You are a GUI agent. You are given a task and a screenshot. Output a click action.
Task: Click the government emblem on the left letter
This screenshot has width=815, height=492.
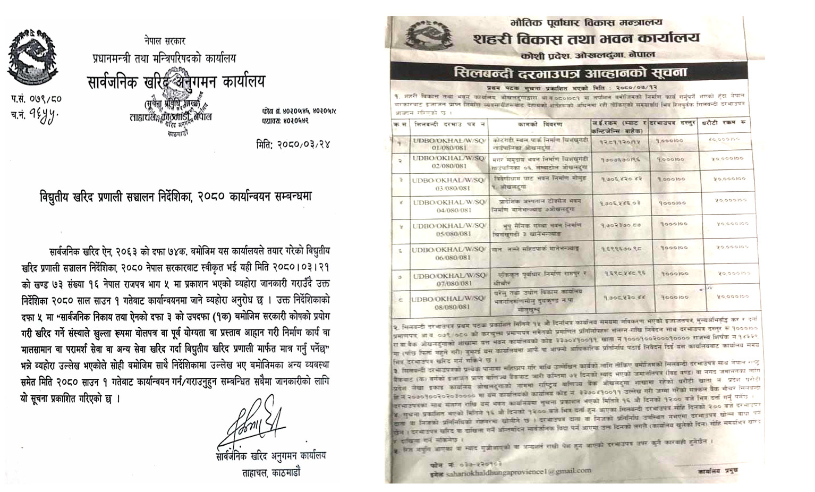click(32, 57)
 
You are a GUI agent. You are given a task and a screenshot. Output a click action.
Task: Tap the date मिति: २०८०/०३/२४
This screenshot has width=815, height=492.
click(292, 145)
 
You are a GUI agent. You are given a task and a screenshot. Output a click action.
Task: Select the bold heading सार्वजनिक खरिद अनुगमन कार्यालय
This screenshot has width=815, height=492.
click(175, 82)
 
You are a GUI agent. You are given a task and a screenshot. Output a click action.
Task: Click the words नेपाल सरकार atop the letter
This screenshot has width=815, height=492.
click(165, 41)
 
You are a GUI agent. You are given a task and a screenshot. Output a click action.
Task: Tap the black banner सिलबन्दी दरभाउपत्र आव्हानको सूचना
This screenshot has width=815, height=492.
click(571, 73)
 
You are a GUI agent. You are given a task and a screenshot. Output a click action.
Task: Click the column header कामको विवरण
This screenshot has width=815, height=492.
click(539, 124)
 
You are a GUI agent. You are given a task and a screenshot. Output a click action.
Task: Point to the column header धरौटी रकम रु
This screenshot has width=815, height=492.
click(726, 123)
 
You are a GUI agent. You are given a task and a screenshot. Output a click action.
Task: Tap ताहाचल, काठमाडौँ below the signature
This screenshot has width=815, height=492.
click(271, 472)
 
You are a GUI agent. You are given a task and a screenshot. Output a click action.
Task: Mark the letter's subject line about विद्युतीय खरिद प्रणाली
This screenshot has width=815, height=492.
click(175, 196)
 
